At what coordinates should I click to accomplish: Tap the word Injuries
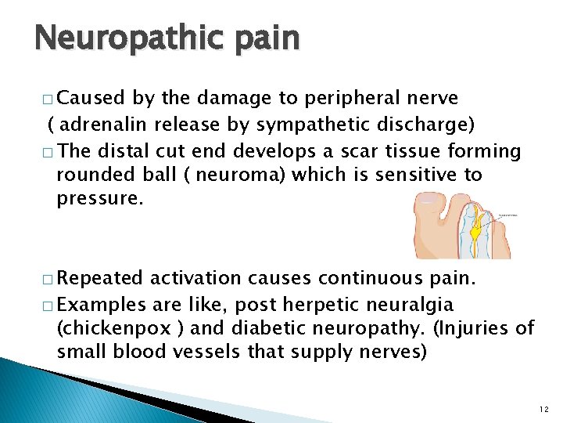click(x=479, y=327)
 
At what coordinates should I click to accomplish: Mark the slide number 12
click(x=544, y=409)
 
